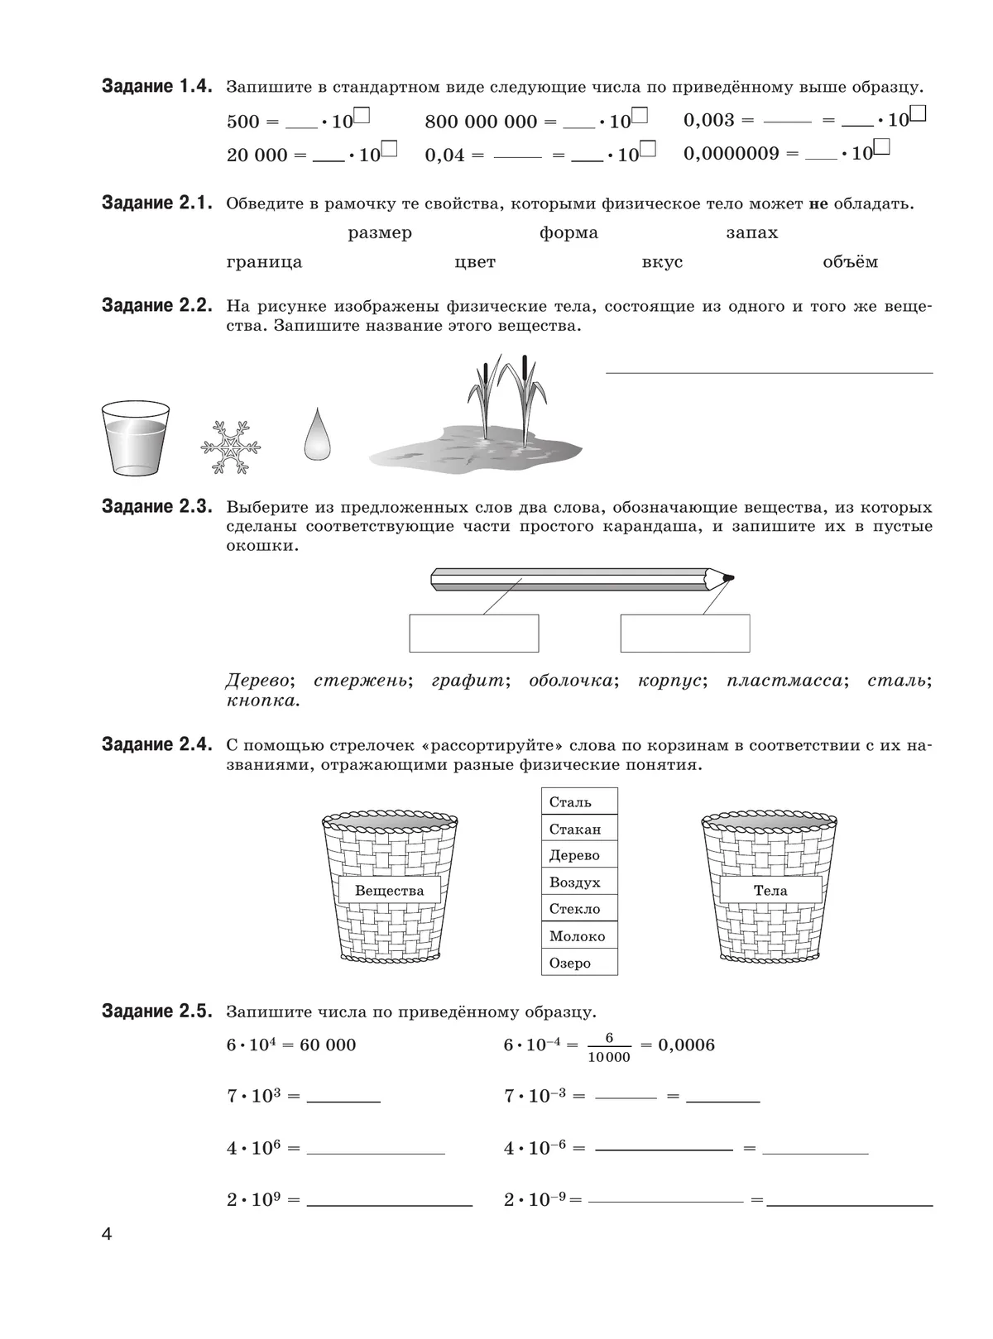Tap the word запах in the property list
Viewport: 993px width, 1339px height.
point(751,233)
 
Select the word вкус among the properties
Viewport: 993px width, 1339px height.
point(662,262)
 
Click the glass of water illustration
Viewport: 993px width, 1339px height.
point(135,438)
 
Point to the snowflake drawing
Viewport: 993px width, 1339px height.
point(230,447)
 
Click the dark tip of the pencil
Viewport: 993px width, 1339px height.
point(727,577)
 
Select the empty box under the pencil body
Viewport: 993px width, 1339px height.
point(473,633)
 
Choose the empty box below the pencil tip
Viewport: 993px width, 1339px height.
point(685,633)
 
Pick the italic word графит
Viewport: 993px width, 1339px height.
point(467,681)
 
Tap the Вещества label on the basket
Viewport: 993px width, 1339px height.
point(389,891)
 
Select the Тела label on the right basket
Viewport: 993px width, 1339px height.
point(770,891)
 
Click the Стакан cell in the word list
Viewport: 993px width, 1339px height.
point(578,829)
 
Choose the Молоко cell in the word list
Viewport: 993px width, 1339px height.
point(578,936)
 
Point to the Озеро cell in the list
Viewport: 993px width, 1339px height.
point(578,963)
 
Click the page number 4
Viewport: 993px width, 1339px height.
point(106,1235)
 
